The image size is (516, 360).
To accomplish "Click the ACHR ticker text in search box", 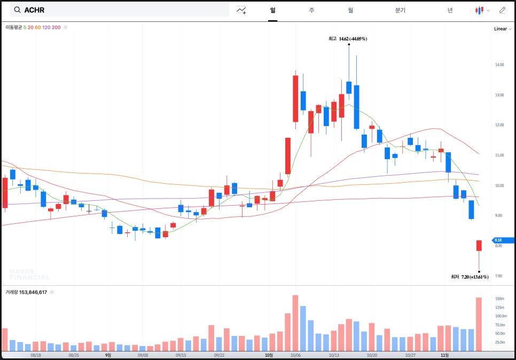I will [34, 10].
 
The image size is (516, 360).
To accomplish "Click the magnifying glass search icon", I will [18, 10].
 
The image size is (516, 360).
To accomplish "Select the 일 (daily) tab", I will [272, 10].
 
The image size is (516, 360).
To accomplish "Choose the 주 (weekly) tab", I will [311, 10].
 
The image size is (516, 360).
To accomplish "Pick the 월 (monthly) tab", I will [350, 10].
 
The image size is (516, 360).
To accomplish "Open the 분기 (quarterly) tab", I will [400, 10].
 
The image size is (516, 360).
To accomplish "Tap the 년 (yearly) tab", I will [450, 10].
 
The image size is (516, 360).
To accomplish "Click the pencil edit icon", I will [502, 10].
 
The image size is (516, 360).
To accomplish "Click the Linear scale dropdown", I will [503, 29].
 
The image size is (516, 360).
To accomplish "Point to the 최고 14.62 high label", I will [348, 39].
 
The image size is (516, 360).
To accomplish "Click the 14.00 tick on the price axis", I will [499, 65].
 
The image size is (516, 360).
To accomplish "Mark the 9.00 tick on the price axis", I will [498, 215].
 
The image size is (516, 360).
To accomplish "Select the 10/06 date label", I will [295, 355].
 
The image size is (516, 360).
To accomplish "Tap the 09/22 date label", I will [219, 355].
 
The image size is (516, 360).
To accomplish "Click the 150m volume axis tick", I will [500, 299].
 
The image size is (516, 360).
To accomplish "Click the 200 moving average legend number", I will [56, 27].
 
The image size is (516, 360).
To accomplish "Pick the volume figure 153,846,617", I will [33, 292].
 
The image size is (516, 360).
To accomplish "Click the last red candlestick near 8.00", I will [479, 245].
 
